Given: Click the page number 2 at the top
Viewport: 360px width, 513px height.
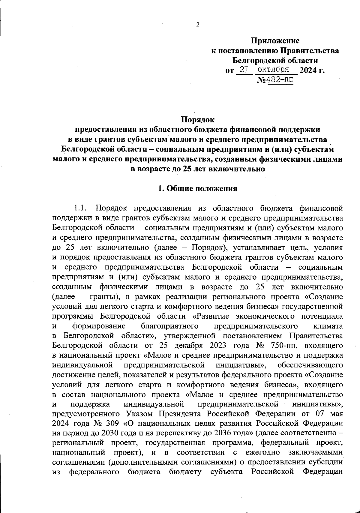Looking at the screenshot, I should (x=198, y=25).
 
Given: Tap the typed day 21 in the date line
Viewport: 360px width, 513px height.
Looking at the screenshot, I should (x=244, y=70).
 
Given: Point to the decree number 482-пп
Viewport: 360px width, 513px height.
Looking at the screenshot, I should (x=280, y=80).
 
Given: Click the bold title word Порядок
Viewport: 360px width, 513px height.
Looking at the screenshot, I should (x=198, y=120).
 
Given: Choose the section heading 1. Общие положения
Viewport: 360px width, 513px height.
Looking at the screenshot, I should (x=198, y=188).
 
